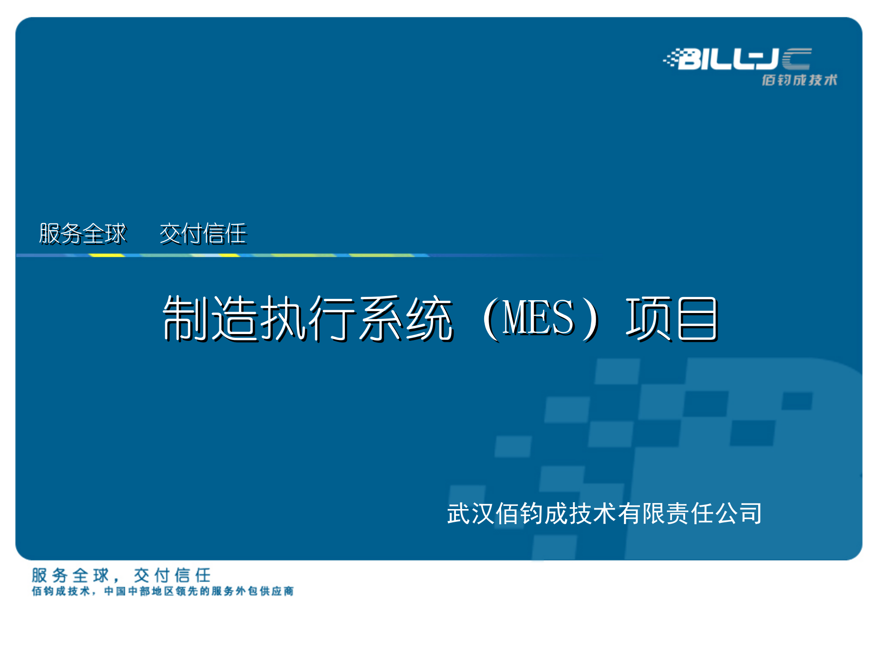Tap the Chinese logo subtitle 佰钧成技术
coord(799,80)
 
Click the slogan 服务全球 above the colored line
coord(82,234)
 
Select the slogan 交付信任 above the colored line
coord(203,234)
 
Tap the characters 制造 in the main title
coord(210,318)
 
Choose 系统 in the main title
coord(407,318)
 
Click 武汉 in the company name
coord(470,513)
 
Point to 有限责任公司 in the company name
coord(690,513)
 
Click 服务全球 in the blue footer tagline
coord(71,575)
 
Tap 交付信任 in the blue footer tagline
coord(173,575)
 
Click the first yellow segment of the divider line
coord(106,255)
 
